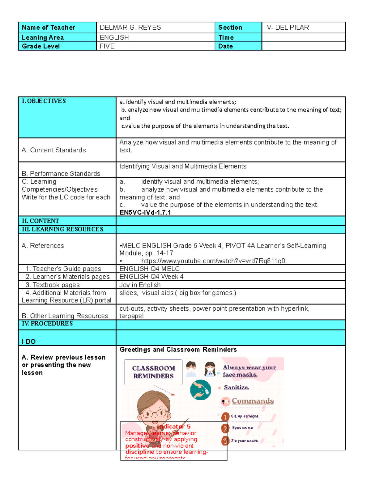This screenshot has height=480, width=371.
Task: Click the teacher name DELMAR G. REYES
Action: [130, 28]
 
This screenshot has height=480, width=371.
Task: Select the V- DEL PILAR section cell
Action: [288, 28]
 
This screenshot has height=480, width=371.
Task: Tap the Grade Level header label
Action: [41, 46]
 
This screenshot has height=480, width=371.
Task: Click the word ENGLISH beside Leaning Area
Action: [114, 37]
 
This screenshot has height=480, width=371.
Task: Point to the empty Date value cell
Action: [303, 46]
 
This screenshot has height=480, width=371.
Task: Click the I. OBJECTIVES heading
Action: [44, 101]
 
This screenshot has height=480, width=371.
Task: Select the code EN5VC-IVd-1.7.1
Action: [145, 212]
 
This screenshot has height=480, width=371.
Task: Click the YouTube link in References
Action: [213, 261]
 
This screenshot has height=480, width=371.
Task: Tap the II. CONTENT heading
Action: [40, 221]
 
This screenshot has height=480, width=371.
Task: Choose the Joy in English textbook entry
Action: [140, 285]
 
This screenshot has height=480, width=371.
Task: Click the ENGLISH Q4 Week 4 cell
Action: [151, 277]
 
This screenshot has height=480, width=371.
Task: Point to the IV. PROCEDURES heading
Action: [47, 324]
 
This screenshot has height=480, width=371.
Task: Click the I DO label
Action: [29, 342]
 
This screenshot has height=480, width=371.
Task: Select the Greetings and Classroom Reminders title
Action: [178, 350]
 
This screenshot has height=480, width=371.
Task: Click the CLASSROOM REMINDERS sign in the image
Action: [153, 372]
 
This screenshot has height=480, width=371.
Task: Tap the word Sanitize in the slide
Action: [236, 387]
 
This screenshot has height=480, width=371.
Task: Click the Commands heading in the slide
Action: [253, 401]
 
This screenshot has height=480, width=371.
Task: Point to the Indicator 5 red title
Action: [174, 427]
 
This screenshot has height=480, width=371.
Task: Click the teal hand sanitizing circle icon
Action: [200, 390]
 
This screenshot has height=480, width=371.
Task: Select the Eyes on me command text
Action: [242, 428]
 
